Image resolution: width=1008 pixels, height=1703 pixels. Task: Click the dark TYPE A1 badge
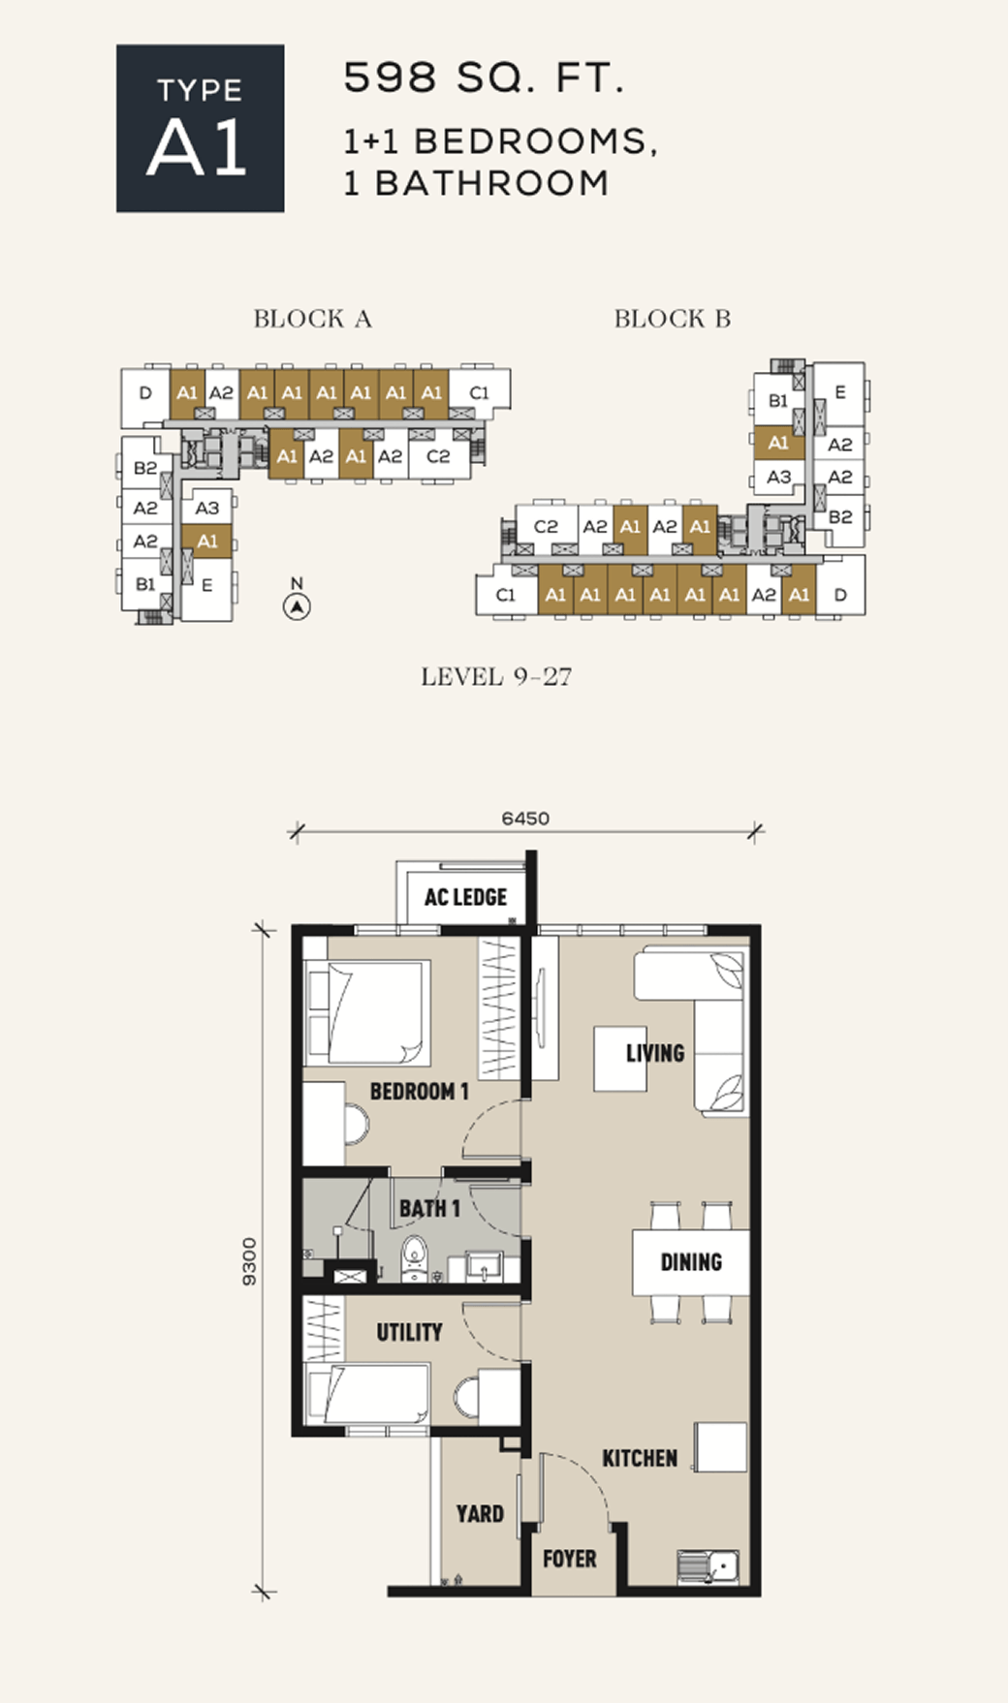[201, 128]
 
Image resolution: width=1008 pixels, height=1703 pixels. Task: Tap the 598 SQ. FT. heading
[484, 77]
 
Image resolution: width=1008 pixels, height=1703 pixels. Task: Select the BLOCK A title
[312, 319]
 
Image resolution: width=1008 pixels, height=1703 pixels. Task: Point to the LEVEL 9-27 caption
[496, 676]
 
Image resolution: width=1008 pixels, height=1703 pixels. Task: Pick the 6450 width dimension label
[525, 819]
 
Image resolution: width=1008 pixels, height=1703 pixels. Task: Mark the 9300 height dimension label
[250, 1261]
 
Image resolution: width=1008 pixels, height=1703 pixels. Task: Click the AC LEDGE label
[465, 897]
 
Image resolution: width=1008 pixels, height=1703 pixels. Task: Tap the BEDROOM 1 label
[419, 1091]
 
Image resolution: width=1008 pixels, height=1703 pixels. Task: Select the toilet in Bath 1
[415, 1258]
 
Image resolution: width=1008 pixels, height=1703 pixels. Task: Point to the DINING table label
[691, 1262]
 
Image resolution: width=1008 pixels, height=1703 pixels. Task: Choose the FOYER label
[570, 1559]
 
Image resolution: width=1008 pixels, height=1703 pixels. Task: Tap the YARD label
[480, 1513]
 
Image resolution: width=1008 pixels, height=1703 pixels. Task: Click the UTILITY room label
[409, 1333]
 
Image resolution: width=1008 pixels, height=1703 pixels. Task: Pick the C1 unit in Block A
[479, 392]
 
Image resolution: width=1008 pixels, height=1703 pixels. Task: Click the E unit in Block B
[839, 393]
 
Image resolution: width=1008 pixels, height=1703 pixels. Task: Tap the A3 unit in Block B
[778, 477]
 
